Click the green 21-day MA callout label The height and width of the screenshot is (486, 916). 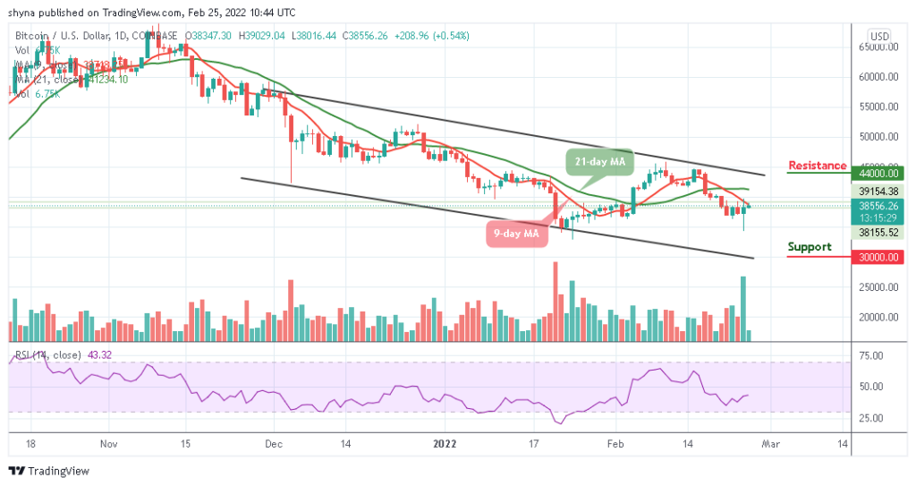pos(598,161)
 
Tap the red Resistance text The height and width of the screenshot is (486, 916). pos(817,166)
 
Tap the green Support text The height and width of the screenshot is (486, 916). pos(809,247)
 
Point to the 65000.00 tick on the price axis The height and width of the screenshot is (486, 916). pos(879,47)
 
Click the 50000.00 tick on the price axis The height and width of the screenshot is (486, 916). pos(879,137)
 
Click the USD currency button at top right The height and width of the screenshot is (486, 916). pos(879,36)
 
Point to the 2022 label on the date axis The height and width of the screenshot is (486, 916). pos(445,442)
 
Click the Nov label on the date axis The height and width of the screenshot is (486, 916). pos(108,442)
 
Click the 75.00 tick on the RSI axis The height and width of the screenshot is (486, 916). pos(879,355)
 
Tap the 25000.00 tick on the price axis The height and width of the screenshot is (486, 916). pos(879,287)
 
